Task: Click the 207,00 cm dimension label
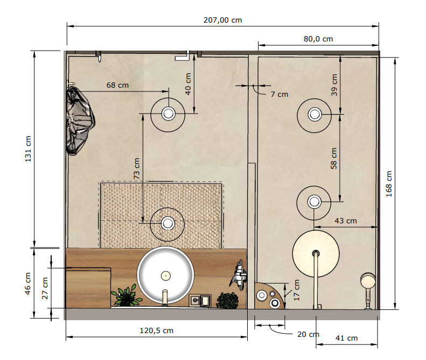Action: point(222,20)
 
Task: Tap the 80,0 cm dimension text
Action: point(318,39)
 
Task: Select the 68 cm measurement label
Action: point(117,85)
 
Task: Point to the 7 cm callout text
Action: point(280,95)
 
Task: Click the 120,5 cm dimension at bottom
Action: point(157,331)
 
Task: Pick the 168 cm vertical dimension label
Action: point(389,184)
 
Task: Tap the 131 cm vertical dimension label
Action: point(28,149)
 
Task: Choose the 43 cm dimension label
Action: point(346,221)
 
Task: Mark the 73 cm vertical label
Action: point(136,168)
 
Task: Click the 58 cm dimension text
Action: point(333,158)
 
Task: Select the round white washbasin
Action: point(165,275)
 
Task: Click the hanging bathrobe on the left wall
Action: point(80,121)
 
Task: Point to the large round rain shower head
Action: point(316,253)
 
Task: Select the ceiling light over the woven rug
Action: point(167,224)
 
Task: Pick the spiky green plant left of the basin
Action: point(126,295)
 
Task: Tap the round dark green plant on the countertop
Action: point(228,301)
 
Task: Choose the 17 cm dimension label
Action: point(297,290)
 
